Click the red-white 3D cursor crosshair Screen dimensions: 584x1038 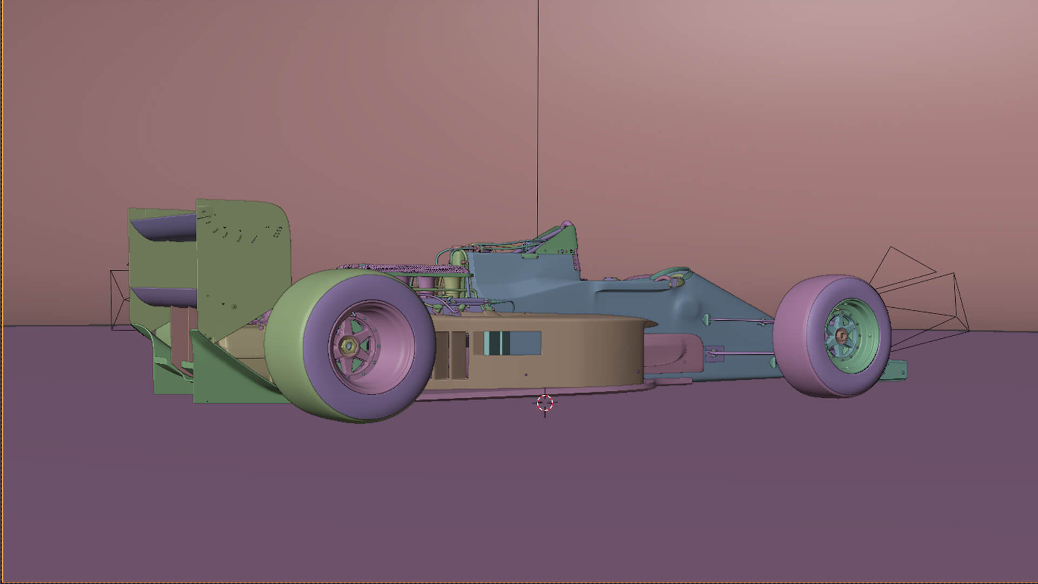pos(545,403)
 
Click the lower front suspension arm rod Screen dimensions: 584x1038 pos(746,354)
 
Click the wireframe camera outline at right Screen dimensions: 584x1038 pos(919,292)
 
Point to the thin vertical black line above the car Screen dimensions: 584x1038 pos(538,108)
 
